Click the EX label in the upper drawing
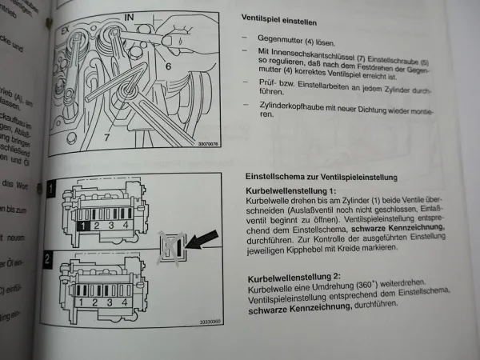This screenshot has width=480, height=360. pyautogui.click(x=66, y=28)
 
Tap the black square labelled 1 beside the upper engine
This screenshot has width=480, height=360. pyautogui.click(x=51, y=190)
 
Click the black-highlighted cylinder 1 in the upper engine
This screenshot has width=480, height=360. pyautogui.click(x=82, y=226)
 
